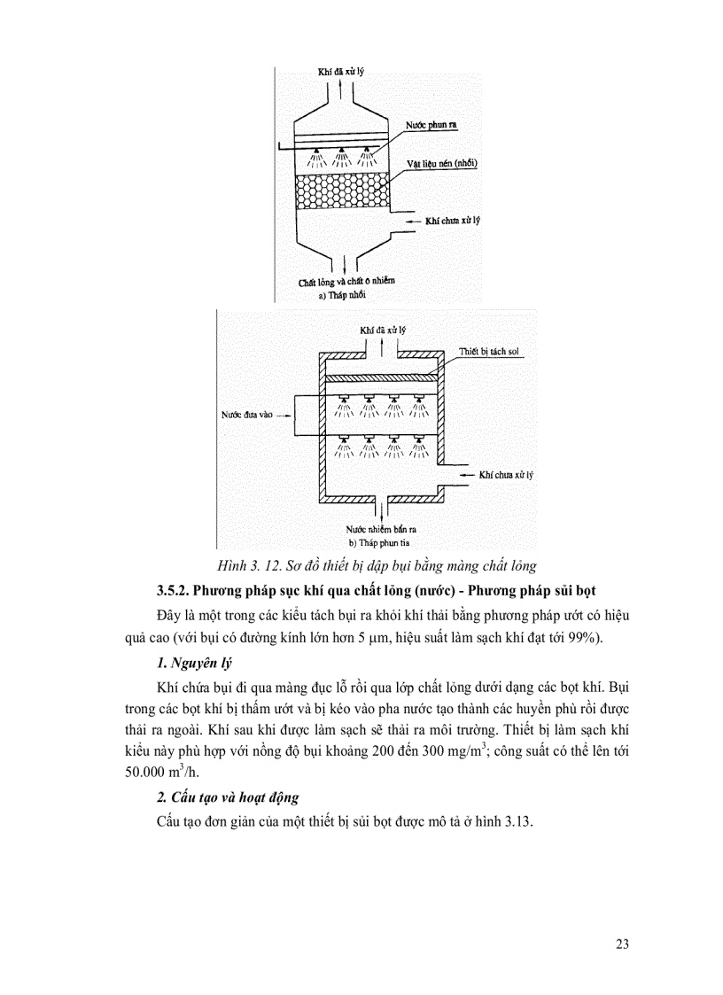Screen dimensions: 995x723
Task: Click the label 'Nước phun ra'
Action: coord(431,127)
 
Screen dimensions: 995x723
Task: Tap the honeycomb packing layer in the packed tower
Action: coord(340,190)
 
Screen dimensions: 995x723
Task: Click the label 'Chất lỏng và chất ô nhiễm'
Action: coord(346,281)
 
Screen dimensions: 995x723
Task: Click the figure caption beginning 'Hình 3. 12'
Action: coord(377,564)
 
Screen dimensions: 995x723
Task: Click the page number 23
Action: coord(621,944)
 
